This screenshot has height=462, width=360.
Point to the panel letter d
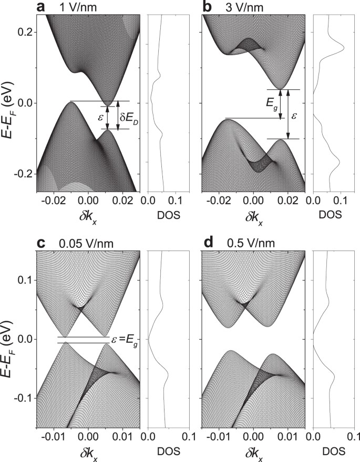click(x=208, y=243)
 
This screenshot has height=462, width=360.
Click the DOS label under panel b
click(x=330, y=215)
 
